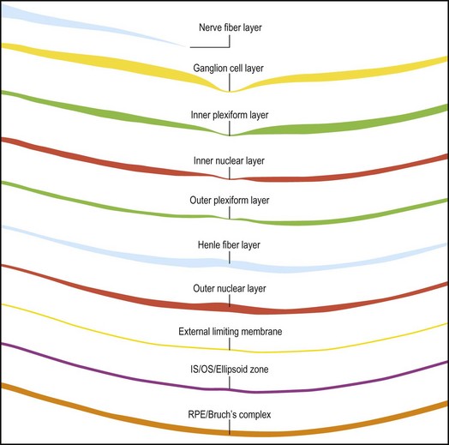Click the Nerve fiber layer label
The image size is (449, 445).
coord(230,27)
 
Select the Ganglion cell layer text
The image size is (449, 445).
coord(228,69)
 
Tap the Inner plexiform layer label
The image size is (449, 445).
coord(230,115)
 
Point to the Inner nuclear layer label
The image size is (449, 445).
coord(229,160)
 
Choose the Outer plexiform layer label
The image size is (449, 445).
coord(230,201)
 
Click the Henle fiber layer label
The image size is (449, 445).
coord(229,245)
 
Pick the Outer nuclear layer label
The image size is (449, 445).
coord(230,288)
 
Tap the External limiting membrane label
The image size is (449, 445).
coord(230,332)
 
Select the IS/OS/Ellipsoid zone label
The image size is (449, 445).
coord(230,369)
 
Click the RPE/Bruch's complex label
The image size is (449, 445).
coord(230,415)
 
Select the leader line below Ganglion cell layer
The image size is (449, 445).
coord(230,82)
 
